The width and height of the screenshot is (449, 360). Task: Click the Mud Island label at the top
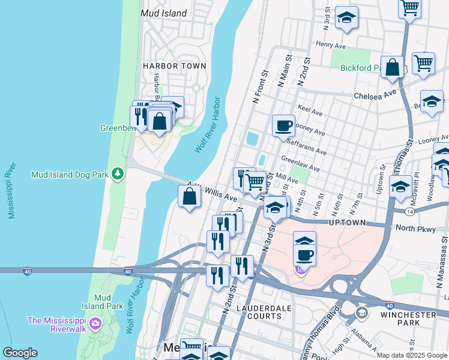pos(163,13)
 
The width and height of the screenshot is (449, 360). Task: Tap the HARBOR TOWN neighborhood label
pos(174,66)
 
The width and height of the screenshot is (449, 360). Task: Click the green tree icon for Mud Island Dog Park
pos(118,174)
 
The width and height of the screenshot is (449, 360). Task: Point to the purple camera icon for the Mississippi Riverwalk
pos(95,325)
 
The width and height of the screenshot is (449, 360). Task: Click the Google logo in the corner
pos(20,353)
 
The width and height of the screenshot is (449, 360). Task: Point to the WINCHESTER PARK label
pos(412,319)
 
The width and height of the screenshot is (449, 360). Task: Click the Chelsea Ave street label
pos(375,95)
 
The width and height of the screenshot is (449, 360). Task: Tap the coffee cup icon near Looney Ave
pos(284,126)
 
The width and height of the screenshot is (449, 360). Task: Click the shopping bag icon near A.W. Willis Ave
pos(190,196)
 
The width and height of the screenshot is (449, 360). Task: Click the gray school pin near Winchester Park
pos(361,313)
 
